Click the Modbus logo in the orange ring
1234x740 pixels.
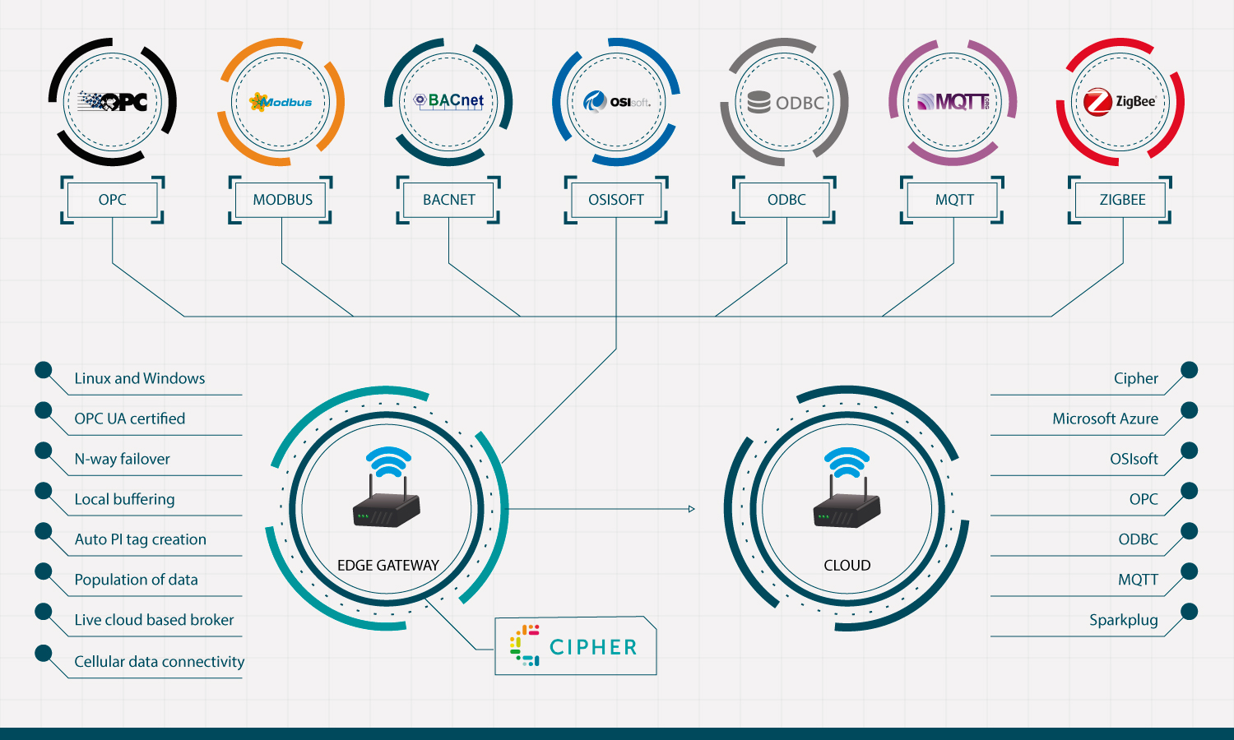(x=281, y=102)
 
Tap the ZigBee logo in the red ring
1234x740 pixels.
(x=1120, y=102)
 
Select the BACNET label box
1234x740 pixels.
(x=449, y=200)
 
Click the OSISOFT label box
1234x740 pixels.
(x=616, y=200)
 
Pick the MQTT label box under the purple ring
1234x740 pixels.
(x=954, y=200)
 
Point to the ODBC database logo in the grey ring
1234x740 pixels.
(x=786, y=103)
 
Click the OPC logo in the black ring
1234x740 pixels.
(x=113, y=102)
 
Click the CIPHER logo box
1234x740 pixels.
(x=575, y=646)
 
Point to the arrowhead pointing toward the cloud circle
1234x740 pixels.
(x=692, y=509)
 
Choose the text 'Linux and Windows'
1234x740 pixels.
(x=140, y=378)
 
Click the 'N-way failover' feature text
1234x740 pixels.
(x=123, y=459)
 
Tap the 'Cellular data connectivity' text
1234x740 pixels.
(x=160, y=662)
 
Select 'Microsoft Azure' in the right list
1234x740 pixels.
(x=1105, y=419)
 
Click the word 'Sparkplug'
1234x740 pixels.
(x=1123, y=620)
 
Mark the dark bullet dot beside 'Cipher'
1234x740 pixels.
(x=1189, y=370)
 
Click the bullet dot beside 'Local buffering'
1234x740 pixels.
(x=44, y=491)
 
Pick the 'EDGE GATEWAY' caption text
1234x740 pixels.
(x=388, y=566)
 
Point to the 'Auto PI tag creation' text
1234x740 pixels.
(x=141, y=539)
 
